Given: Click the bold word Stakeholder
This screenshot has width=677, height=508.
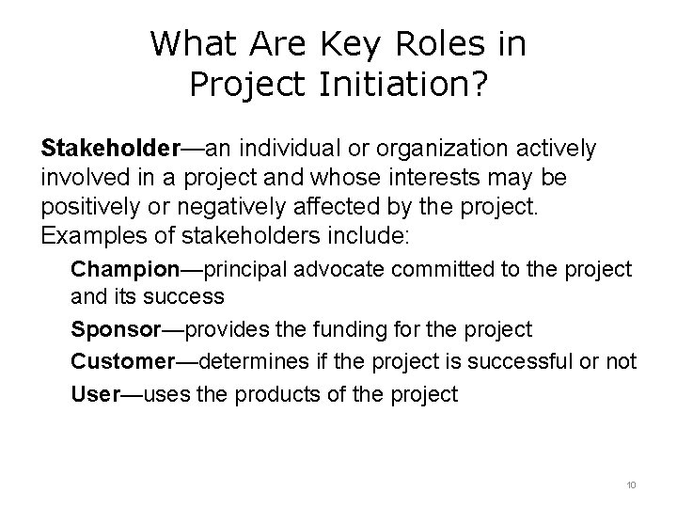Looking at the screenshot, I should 109,149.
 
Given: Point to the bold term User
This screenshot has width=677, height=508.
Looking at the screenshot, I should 95,394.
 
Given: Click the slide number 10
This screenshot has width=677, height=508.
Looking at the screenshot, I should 630,484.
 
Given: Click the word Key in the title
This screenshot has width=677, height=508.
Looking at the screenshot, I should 353,43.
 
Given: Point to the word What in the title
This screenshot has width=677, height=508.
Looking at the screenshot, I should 194,43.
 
